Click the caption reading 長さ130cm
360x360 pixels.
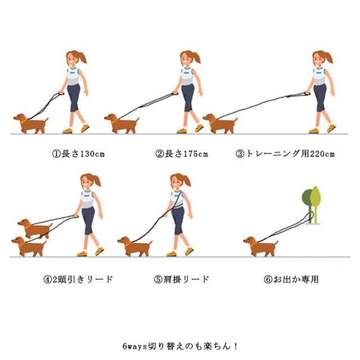click(x=83, y=154)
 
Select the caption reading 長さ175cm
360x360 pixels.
click(x=186, y=154)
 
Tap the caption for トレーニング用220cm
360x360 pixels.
click(x=290, y=154)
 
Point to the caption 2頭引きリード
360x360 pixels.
click(x=83, y=280)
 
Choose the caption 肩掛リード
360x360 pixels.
click(x=186, y=280)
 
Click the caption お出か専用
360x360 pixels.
click(x=296, y=280)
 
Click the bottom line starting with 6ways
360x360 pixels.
click(x=181, y=346)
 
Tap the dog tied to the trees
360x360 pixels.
click(x=261, y=246)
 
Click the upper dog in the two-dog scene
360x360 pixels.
click(x=34, y=228)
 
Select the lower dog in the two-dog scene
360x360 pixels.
click(x=29, y=246)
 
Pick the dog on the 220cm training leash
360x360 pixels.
click(x=220, y=124)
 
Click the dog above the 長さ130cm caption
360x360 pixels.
click(x=31, y=124)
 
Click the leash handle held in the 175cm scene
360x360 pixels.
click(x=175, y=93)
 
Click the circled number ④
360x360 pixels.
click(x=48, y=280)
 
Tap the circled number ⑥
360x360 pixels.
click(x=268, y=280)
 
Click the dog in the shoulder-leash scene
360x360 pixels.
click(x=135, y=246)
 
